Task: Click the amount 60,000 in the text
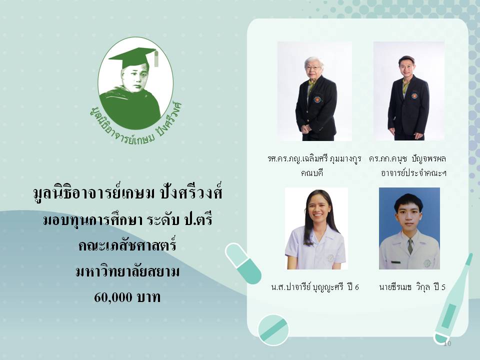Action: [113, 297]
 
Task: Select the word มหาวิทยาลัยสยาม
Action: [127, 271]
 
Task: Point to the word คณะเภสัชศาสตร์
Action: [127, 245]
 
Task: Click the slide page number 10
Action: [447, 343]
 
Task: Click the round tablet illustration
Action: [273, 330]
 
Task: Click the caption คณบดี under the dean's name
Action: [311, 173]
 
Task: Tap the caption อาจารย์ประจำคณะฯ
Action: [413, 173]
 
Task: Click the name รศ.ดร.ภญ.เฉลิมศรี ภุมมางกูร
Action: [314, 159]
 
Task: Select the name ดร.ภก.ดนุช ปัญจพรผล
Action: [407, 159]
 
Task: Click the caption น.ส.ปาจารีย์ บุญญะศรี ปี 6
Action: [314, 287]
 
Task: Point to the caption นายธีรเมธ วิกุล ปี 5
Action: [412, 287]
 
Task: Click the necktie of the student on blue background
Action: [410, 246]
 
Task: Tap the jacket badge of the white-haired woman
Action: [317, 99]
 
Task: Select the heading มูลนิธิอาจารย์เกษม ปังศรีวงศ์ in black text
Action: [127, 193]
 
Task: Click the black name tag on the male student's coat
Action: [395, 262]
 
